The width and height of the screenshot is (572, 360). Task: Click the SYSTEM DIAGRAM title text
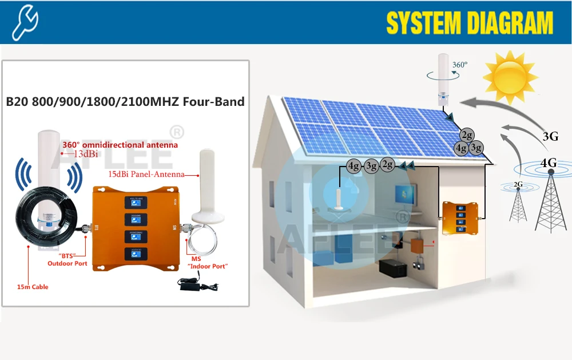(x=470, y=23)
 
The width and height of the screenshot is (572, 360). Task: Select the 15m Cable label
(x=33, y=286)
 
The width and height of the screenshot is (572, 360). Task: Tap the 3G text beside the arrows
(x=550, y=136)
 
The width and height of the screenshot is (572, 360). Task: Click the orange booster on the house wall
(x=459, y=218)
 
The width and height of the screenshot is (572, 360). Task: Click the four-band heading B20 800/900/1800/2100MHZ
(x=125, y=102)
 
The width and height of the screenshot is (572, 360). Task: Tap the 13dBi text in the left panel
(x=81, y=154)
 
